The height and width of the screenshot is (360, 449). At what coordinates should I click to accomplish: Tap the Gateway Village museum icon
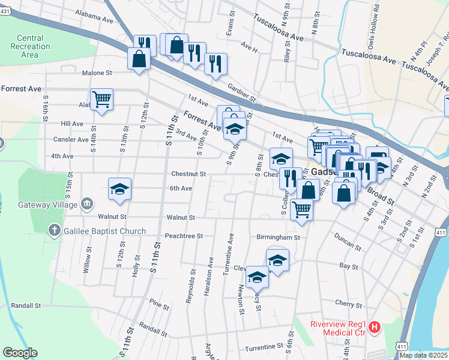(x=88, y=202)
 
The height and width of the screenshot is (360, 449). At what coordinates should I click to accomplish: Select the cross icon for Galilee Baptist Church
(x=54, y=231)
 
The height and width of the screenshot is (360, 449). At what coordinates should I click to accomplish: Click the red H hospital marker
(x=375, y=328)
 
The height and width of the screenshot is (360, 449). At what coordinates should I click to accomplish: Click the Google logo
(x=20, y=353)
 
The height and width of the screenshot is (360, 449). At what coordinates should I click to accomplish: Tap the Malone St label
(x=97, y=73)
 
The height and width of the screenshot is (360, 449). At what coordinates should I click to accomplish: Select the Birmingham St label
(x=278, y=237)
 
